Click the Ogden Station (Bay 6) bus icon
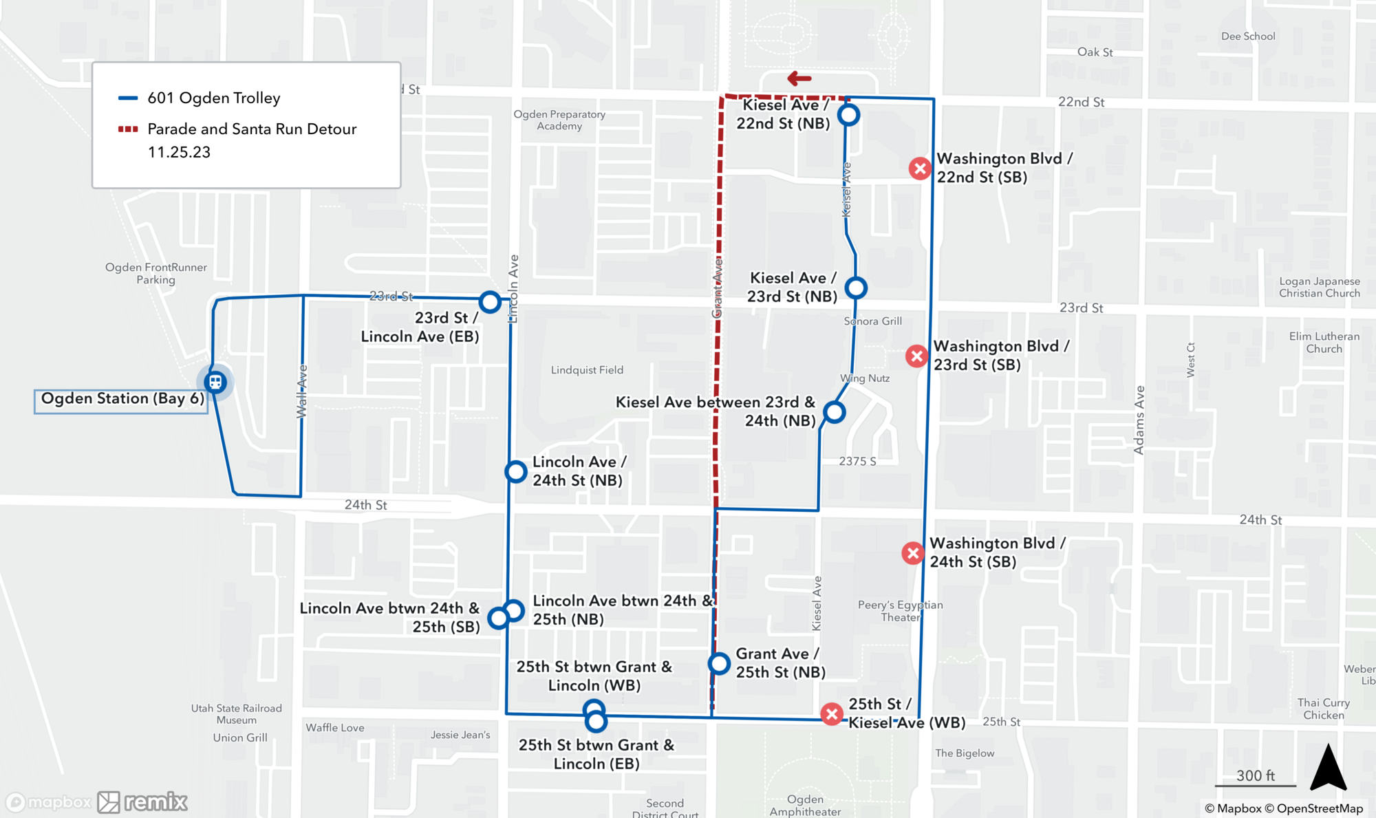[x=215, y=382]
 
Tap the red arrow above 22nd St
[x=799, y=78]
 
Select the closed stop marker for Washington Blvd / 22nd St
[x=920, y=168]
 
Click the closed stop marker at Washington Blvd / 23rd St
[x=916, y=356]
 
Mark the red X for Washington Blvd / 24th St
[x=913, y=553]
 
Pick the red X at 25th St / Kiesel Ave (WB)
[x=832, y=714]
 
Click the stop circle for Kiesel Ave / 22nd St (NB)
[x=848, y=115]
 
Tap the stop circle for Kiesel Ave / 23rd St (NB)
[x=856, y=288]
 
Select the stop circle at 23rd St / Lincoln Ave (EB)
[x=490, y=301]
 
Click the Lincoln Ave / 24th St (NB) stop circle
[x=516, y=471]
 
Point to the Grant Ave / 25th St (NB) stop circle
[x=719, y=663]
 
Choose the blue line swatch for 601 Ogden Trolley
[x=128, y=98]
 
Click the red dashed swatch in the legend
[x=128, y=129]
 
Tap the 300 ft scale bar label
[x=1255, y=775]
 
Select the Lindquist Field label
[x=587, y=370]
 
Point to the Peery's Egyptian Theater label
[x=900, y=611]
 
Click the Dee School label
[x=1248, y=36]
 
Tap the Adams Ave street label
[x=1139, y=420]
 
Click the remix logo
[x=142, y=801]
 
